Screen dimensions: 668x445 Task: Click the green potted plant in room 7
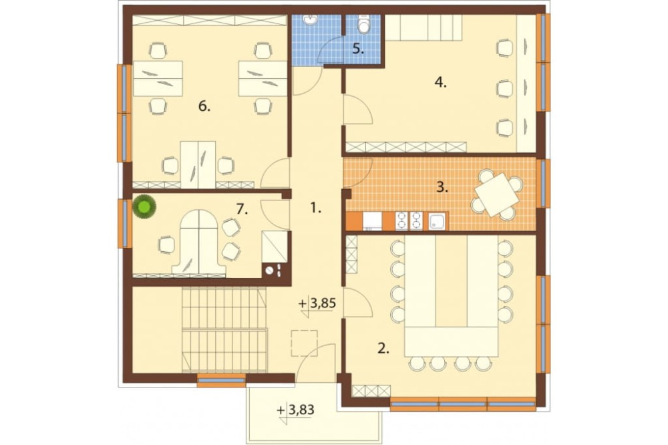point(144,207)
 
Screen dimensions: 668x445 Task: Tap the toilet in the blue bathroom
point(364,25)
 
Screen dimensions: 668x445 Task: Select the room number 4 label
point(440,82)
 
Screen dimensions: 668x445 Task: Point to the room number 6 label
point(204,106)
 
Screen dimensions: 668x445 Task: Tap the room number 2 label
point(383,349)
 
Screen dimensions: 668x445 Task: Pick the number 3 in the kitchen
point(442,187)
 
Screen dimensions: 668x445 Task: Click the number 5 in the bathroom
point(358,49)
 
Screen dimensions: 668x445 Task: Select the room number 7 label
point(242,209)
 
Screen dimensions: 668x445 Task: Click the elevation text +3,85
point(317,303)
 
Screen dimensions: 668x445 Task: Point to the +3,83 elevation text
point(296,410)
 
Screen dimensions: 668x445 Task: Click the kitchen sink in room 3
point(438,221)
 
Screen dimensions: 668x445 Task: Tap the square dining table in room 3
point(497,194)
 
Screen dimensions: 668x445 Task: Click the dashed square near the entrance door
point(304,343)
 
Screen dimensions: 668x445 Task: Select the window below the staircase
point(222,380)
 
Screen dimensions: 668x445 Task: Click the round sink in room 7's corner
point(269,270)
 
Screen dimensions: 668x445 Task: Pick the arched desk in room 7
point(198,242)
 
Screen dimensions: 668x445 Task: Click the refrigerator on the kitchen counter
point(372,221)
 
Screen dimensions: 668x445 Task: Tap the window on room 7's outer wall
point(125,223)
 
